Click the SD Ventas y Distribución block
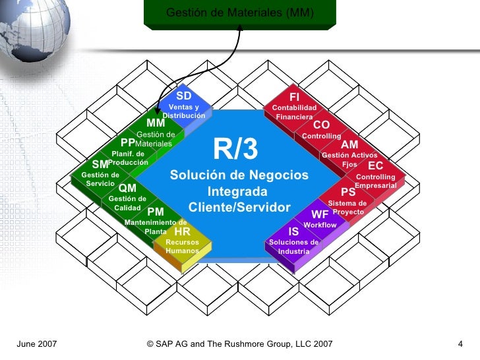coord(184,105)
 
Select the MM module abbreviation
coord(156,123)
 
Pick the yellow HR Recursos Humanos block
coord(182,243)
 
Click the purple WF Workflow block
coord(320,220)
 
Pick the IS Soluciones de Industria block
coord(293,242)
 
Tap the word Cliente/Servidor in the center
coord(239,208)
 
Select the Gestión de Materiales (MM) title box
coord(240,14)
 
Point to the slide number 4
coord(460,344)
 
